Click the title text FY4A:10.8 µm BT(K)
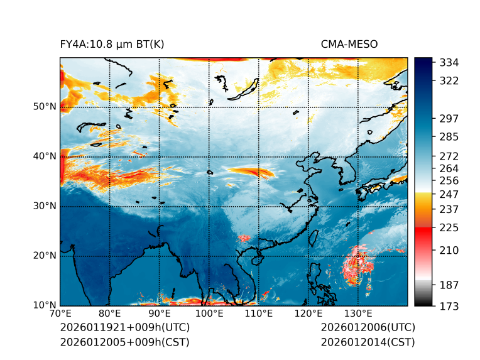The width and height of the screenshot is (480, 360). click(112, 44)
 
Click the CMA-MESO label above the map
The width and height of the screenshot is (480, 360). click(349, 44)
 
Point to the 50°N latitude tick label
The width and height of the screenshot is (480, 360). click(45, 107)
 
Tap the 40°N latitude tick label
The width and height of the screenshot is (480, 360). click(45, 156)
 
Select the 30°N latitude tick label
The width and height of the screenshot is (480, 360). click(45, 206)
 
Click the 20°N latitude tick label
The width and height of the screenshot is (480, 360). click(45, 256)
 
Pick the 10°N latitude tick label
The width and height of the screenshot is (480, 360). click(45, 305)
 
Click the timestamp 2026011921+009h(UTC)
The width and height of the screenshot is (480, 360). click(124, 328)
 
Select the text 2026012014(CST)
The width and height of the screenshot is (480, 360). click(368, 342)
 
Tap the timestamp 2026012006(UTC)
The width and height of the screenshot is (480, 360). click(368, 328)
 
